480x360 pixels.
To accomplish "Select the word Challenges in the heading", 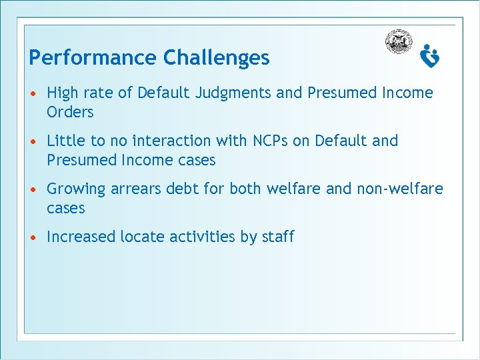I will point(217,58).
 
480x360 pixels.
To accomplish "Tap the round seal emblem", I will point(399,42).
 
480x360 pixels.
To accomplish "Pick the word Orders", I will point(70,112).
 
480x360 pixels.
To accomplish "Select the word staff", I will point(277,237).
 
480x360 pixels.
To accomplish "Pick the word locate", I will point(143,237).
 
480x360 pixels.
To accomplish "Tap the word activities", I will point(202,237).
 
